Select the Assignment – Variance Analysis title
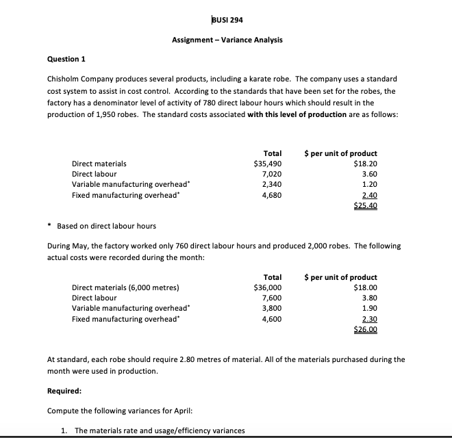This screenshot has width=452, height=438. pyautogui.click(x=227, y=40)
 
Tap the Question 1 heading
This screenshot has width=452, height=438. pyautogui.click(x=66, y=59)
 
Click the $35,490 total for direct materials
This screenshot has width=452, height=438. pyautogui.click(x=268, y=164)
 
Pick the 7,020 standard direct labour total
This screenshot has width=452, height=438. pyautogui.click(x=272, y=175)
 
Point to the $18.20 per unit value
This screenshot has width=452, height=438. pyautogui.click(x=365, y=164)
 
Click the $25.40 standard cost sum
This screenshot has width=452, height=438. pyautogui.click(x=365, y=205)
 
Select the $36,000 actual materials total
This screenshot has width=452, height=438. pyautogui.click(x=268, y=287)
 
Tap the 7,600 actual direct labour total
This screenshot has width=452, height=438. pyautogui.click(x=272, y=298)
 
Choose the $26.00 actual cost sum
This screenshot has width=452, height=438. pyautogui.click(x=365, y=329)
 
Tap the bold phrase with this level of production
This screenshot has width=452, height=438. pyautogui.click(x=306, y=114)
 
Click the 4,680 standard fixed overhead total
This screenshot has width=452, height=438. pyautogui.click(x=272, y=195)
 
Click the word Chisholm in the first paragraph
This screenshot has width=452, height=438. pyautogui.click(x=66, y=79)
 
